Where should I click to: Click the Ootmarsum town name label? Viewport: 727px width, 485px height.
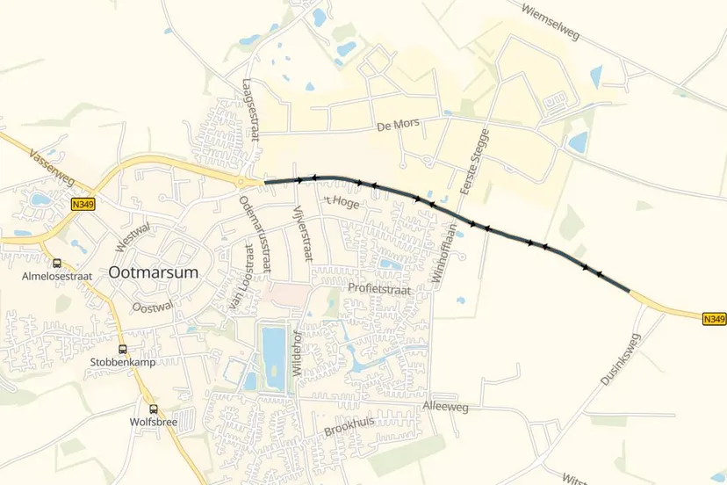(x=155, y=272)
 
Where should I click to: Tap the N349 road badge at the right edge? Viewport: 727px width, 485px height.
(x=714, y=319)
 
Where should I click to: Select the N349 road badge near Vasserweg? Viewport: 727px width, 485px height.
(x=83, y=204)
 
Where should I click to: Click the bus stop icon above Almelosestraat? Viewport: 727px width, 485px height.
(x=57, y=263)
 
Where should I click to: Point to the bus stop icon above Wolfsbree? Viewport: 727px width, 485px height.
(x=154, y=409)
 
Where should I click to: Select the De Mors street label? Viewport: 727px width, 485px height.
(x=394, y=127)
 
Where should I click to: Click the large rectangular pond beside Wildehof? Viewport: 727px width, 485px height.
(x=273, y=346)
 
